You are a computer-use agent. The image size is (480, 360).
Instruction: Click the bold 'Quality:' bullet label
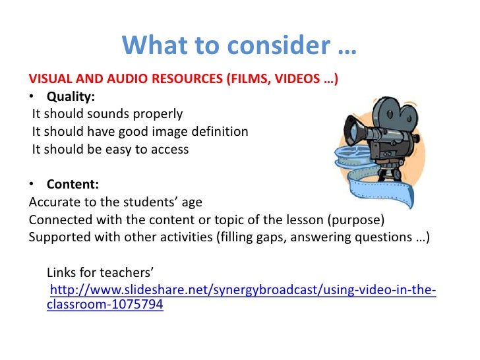(71, 98)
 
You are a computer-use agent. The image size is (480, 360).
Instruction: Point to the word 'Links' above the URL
(63, 272)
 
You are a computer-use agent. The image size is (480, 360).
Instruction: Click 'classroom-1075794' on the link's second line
(105, 305)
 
